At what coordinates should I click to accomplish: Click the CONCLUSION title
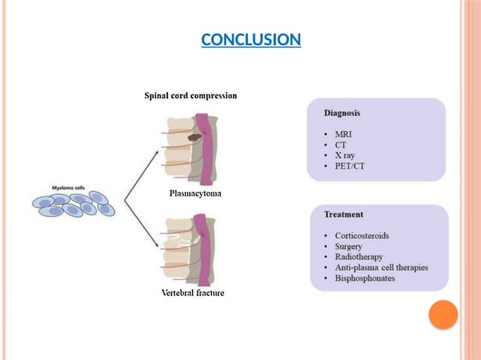251,39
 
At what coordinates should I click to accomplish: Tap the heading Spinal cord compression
191,96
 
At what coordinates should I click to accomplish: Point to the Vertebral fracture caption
193,291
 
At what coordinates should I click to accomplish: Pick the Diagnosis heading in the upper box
342,113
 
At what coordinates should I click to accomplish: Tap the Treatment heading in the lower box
343,215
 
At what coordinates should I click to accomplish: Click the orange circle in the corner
443,315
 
